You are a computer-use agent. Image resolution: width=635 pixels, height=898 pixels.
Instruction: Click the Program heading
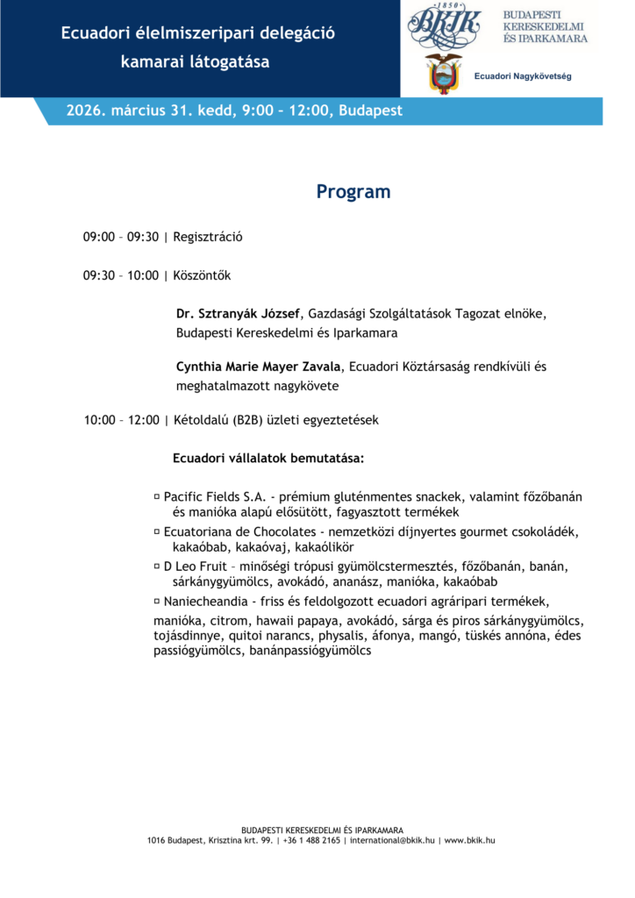pyautogui.click(x=353, y=192)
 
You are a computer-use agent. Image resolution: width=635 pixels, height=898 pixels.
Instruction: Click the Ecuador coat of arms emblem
pyautogui.click(x=444, y=74)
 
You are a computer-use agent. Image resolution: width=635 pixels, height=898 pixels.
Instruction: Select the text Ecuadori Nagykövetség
pyautogui.click(x=523, y=77)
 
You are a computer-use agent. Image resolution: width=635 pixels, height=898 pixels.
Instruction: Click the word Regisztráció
pyautogui.click(x=208, y=237)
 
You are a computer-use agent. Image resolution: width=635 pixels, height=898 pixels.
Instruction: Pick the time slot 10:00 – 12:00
pyautogui.click(x=121, y=420)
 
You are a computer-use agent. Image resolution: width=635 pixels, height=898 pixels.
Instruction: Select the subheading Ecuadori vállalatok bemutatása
pyautogui.click(x=268, y=459)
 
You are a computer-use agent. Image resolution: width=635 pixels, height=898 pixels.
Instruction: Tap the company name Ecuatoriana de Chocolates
pyautogui.click(x=239, y=532)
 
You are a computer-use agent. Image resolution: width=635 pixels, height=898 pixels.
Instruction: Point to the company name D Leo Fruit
pyautogui.click(x=195, y=566)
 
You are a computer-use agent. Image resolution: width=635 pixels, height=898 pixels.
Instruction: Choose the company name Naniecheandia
pyautogui.click(x=207, y=602)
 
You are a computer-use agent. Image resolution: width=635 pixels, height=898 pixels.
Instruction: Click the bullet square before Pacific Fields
pyautogui.click(x=156, y=495)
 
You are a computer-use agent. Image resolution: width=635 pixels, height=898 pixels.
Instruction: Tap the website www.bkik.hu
pyautogui.click(x=469, y=840)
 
